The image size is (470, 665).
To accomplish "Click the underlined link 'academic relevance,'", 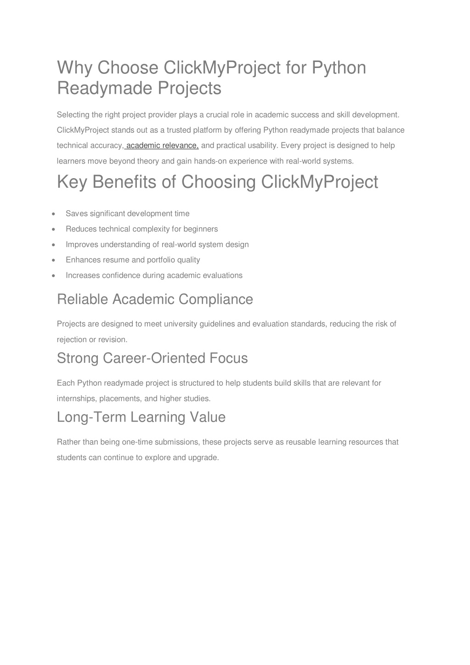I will (162, 146).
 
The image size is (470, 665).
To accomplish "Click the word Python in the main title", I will (339, 68).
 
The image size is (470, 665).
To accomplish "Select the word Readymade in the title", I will (105, 88).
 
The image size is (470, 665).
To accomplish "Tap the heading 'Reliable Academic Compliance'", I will (155, 299).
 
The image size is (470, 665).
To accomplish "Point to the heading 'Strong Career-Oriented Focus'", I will (152, 358).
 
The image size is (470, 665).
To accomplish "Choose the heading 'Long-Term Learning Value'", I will (141, 417).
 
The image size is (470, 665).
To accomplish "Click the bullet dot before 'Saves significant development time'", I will (55, 214).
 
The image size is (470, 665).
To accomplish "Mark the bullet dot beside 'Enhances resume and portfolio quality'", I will (55, 260).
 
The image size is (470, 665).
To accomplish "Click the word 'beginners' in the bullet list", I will (201, 229).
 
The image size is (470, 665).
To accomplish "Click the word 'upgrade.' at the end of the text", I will (204, 457).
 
